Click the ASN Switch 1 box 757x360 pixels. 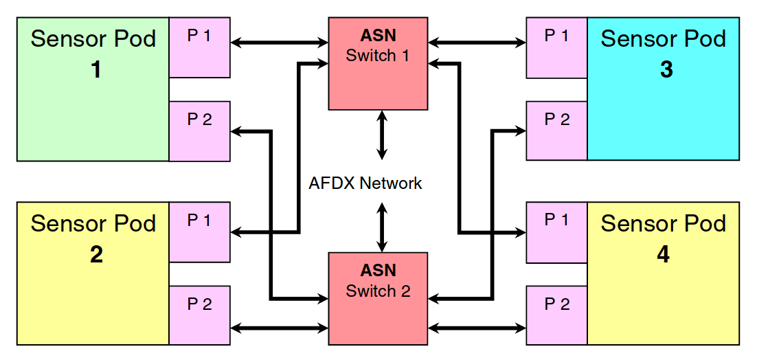[378, 63]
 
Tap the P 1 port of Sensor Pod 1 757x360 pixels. [199, 47]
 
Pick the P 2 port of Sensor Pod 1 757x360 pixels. [199, 131]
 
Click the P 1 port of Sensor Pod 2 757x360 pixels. [199, 232]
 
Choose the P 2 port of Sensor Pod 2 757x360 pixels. [199, 315]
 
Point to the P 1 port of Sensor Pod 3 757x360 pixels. [556, 47]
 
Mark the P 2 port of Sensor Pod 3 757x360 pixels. [556, 131]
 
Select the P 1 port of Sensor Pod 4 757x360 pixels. [556, 232]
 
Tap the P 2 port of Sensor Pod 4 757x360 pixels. [556, 315]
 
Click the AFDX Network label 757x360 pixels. [365, 183]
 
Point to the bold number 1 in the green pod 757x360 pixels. [96, 69]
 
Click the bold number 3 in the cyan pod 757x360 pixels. [666, 69]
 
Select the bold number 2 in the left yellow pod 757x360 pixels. [96, 254]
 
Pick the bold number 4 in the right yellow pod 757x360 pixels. [663, 254]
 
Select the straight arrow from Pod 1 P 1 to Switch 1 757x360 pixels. [280, 43]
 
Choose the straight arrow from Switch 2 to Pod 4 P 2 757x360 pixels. [477, 328]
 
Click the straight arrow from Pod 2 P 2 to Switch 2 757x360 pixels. [280, 328]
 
